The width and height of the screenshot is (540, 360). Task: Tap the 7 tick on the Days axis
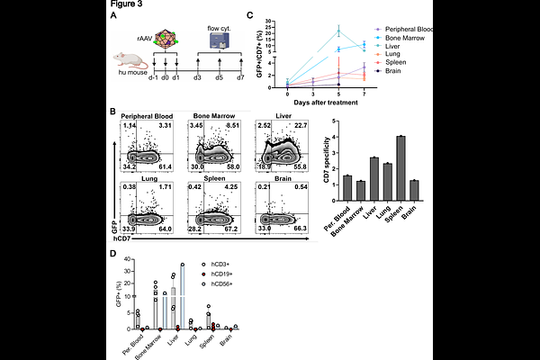pos(363,94)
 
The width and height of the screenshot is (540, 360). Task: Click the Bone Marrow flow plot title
pos(214,116)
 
